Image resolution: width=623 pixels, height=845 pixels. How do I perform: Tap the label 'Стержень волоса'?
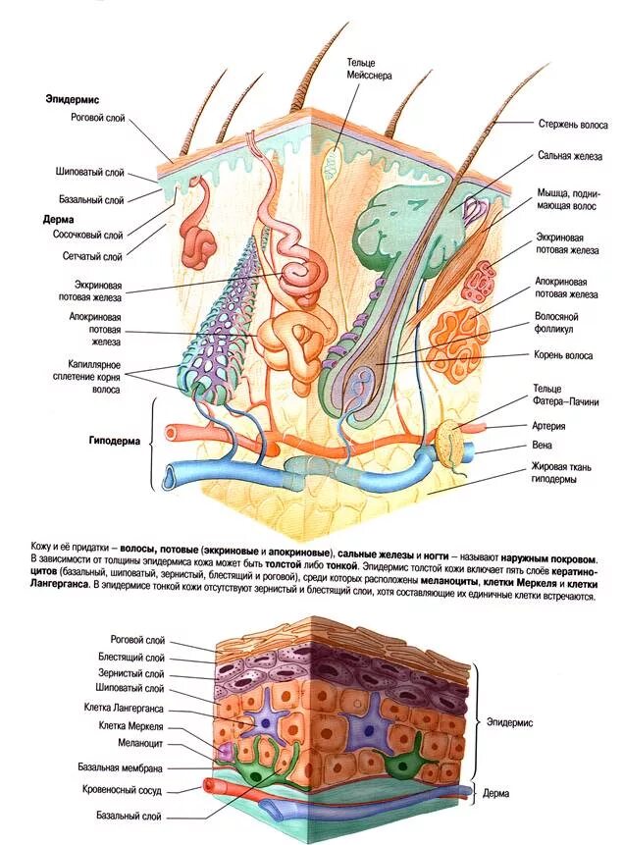[572, 125]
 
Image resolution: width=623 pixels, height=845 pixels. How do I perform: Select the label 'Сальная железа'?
[569, 155]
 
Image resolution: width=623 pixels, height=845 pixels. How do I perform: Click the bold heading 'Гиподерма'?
[107, 441]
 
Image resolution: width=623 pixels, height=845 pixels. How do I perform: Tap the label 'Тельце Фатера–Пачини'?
[564, 395]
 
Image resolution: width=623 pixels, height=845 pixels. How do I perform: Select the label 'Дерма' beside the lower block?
[502, 790]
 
